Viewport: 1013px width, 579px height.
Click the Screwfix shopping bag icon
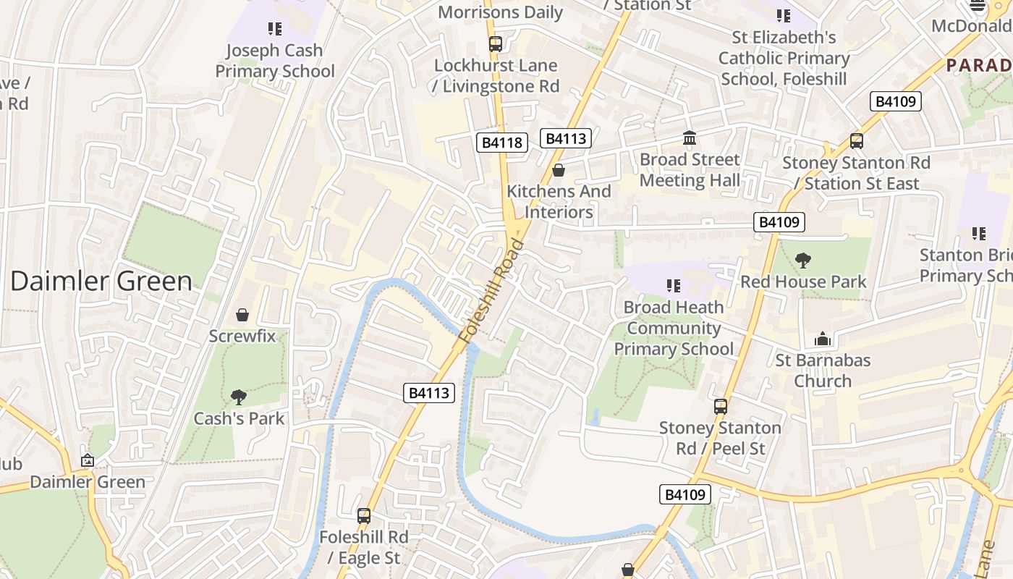[242, 315]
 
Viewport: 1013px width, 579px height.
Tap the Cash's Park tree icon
[238, 397]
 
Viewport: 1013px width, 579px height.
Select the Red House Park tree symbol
[802, 261]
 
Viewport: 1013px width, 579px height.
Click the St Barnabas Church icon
[823, 339]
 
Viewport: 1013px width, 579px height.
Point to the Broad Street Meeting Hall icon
[690, 138]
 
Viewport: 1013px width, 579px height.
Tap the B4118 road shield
[501, 143]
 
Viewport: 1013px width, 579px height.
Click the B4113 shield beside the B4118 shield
[565, 138]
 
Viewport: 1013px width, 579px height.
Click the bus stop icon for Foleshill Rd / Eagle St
[364, 516]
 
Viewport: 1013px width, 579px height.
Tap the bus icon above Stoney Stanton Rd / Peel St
[721, 407]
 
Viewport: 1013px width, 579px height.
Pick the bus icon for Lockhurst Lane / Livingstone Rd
[496, 44]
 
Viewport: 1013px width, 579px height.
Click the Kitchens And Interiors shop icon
[559, 170]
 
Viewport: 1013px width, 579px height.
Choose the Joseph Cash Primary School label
[275, 61]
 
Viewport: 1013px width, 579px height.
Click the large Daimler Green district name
[101, 281]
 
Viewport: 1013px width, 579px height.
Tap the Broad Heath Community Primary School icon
[674, 286]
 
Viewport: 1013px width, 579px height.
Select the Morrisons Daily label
[500, 12]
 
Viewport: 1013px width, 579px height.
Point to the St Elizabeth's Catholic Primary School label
[784, 58]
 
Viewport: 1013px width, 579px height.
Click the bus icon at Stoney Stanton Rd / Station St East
[857, 141]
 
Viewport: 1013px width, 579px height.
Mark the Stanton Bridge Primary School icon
[979, 234]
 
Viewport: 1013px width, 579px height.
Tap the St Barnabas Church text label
[823, 371]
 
